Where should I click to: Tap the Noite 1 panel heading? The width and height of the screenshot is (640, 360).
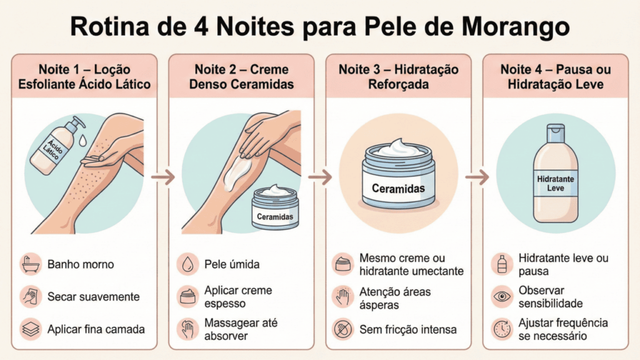point(85,76)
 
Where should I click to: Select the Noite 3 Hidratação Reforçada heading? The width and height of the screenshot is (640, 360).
point(399,76)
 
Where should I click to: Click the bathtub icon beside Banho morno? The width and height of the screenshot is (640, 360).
point(30,264)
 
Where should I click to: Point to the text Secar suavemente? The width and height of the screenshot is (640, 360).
point(93,296)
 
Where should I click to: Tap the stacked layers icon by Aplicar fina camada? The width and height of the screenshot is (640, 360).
point(30,329)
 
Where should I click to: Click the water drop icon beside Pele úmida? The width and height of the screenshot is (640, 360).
point(187,264)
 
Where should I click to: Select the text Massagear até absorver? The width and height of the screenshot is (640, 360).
point(241,329)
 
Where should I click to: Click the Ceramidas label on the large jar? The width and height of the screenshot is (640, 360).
point(398,188)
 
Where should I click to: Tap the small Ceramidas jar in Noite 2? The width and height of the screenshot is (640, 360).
point(276,209)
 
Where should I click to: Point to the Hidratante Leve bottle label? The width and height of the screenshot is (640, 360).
point(555,183)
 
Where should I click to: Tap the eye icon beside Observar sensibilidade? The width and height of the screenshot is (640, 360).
point(501,296)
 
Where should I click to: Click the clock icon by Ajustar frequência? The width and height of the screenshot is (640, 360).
point(501,329)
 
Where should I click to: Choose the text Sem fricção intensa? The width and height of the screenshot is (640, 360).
point(407,329)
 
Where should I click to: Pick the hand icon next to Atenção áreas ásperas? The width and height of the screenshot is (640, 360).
point(344,296)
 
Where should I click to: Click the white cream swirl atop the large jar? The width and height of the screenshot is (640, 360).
point(398,148)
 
